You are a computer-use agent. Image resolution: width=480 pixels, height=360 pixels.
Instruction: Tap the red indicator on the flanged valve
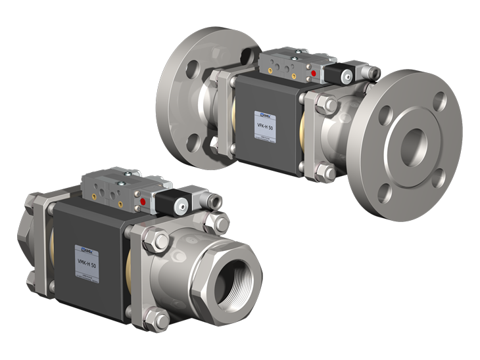click(x=314, y=73)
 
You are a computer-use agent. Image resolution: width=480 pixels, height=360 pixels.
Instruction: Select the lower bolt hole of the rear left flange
click(x=193, y=141)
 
